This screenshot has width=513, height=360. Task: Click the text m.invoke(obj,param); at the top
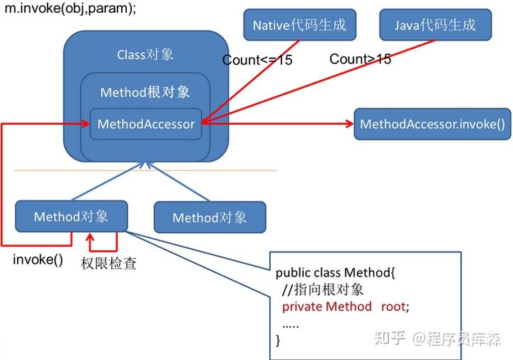[70, 10]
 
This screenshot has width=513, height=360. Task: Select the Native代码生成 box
[299, 26]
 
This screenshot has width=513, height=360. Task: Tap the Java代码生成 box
[435, 26]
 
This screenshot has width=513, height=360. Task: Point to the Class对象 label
[145, 54]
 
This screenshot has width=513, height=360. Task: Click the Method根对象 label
[145, 93]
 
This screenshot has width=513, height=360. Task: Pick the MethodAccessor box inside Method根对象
[146, 124]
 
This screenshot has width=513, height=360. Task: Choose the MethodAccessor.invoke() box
[432, 124]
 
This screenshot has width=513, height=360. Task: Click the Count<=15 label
[257, 61]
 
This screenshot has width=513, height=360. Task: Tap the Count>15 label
[360, 59]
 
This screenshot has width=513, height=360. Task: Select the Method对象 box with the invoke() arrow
[71, 216]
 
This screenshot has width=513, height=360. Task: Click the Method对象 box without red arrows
[209, 217]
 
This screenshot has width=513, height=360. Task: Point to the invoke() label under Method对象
[38, 259]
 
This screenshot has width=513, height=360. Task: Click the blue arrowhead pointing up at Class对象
[146, 165]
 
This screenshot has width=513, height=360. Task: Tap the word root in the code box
[394, 306]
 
